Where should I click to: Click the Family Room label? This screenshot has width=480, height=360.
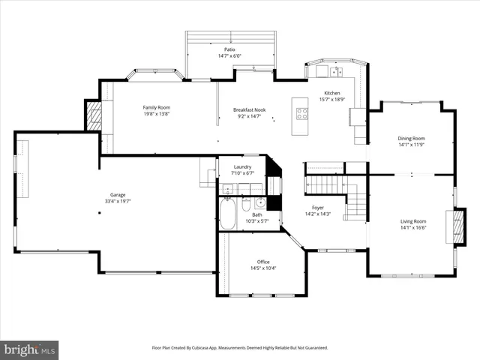157,107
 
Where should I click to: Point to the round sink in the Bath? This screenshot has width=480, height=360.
260,202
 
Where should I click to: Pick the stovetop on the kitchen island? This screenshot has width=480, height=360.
302,114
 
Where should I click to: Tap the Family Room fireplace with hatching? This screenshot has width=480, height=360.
94,116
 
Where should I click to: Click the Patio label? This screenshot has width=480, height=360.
229,49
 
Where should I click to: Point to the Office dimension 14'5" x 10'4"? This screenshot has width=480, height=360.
263,268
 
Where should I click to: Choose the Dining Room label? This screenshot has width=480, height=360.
412,138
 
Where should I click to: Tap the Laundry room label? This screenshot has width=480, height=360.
242,166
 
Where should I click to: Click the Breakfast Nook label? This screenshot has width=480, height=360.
250,109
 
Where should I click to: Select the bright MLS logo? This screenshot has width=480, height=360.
30,350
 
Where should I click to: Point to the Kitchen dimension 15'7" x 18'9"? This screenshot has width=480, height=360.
331,99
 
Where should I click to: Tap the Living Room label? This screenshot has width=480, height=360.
413,221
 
